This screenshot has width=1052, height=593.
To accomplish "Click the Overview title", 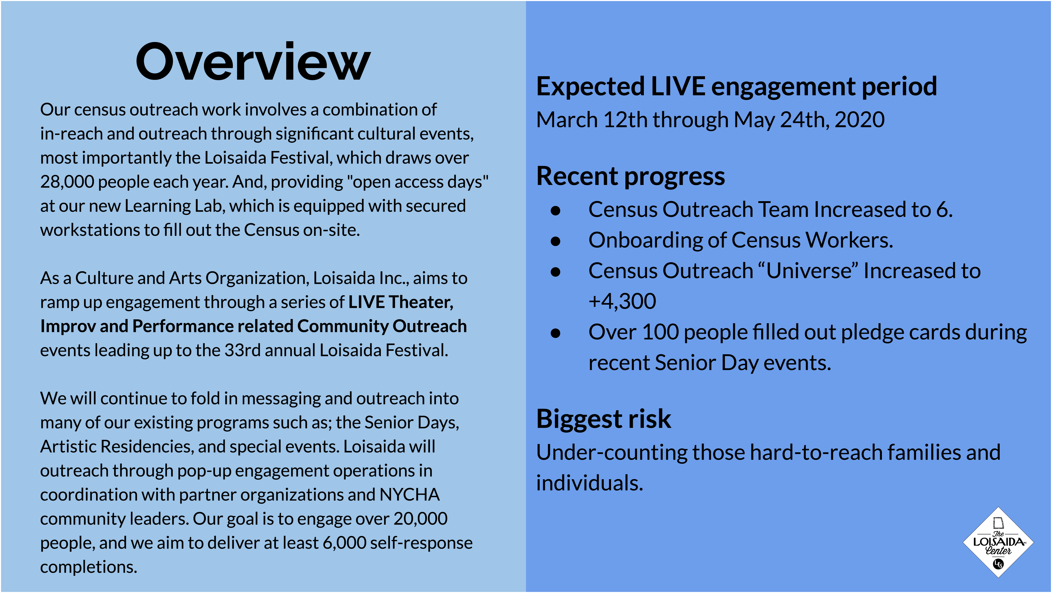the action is (x=253, y=62).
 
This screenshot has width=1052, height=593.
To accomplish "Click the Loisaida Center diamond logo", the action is (x=998, y=542).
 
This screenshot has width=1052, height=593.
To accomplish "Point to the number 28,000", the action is (x=67, y=182).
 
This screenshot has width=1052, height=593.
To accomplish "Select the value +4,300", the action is (x=622, y=301).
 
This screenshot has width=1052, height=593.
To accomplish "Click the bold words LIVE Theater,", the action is (x=401, y=302).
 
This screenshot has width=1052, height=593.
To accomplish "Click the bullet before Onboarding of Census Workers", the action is (x=555, y=241).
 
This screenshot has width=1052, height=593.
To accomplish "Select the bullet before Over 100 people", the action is (x=555, y=333).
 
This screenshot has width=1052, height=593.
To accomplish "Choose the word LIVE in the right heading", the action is (x=678, y=87).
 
